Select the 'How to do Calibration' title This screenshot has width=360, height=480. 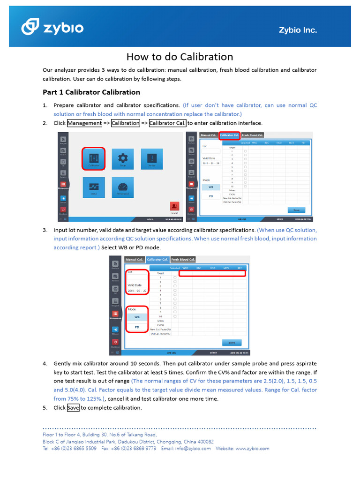[180, 57]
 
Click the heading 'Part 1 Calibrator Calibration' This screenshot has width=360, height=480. [91, 92]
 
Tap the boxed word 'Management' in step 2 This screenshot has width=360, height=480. [85, 123]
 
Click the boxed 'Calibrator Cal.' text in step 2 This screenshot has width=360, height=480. [167, 123]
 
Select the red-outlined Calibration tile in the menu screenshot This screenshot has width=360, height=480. [94, 158]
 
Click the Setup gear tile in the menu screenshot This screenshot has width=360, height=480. [123, 158]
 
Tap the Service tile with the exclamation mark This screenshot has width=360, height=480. [151, 158]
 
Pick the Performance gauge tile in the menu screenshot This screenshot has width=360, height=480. [123, 187]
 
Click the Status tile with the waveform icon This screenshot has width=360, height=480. [94, 187]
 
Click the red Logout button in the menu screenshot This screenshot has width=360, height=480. [174, 206]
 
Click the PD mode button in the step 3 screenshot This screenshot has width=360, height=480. [137, 327]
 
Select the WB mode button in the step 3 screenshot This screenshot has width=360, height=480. [137, 317]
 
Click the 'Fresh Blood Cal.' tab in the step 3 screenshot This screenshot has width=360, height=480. [183, 259]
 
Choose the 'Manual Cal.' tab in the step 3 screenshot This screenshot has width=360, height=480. [134, 259]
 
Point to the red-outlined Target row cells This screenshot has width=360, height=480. [212, 273]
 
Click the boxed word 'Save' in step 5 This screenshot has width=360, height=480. [73, 408]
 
